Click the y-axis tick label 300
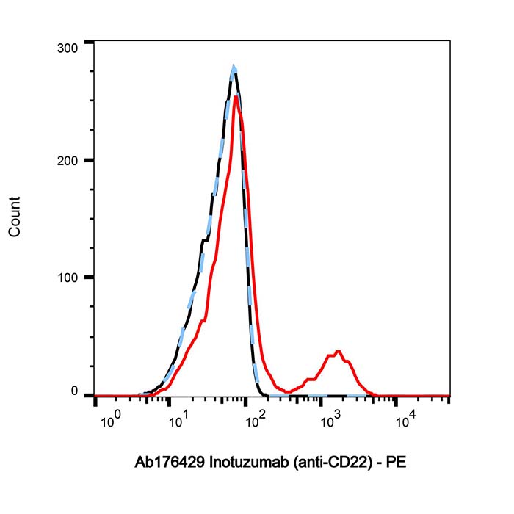68,48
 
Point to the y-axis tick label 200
68,161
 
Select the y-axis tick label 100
68,278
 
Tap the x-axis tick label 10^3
330,420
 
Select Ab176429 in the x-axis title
170,464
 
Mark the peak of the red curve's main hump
235,96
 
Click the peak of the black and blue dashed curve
234,66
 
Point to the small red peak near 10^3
337,352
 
